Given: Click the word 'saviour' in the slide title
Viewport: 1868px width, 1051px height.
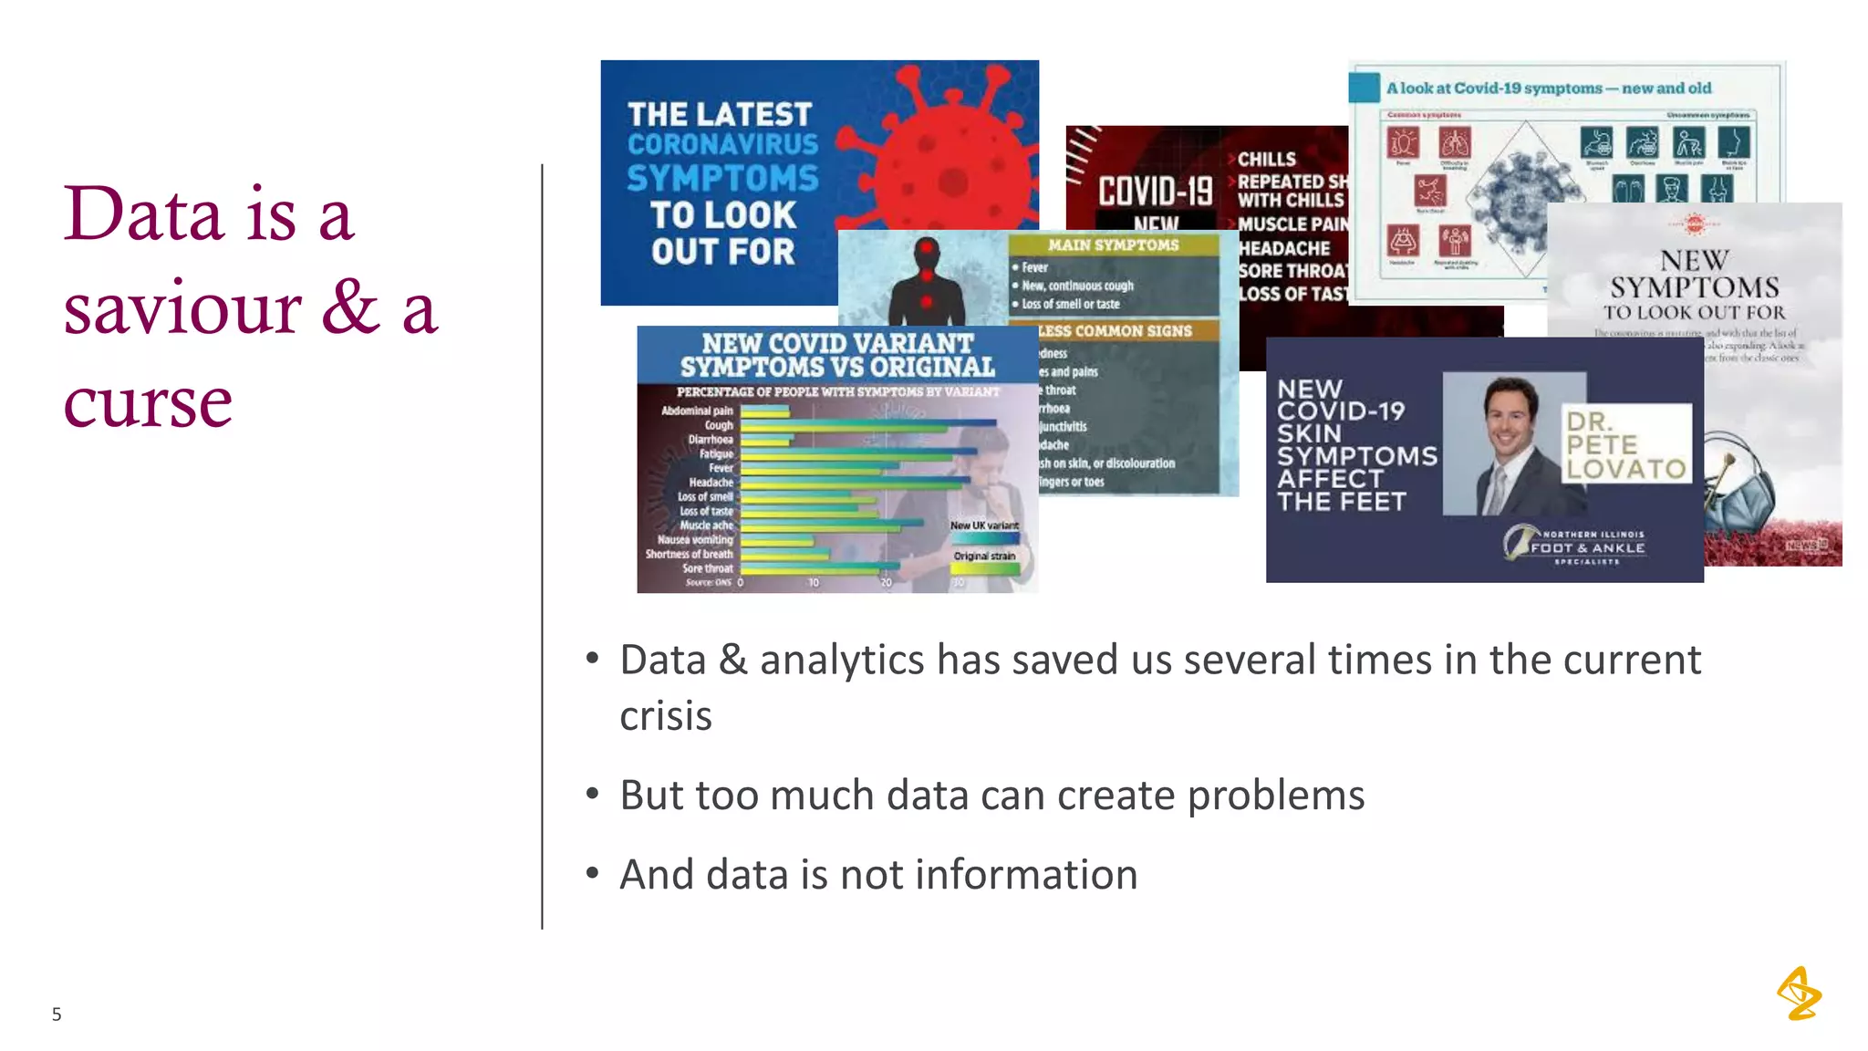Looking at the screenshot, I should (x=182, y=308).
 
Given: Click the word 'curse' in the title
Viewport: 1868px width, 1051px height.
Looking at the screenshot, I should (x=148, y=402).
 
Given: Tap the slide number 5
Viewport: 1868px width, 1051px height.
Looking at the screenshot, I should (x=57, y=1014).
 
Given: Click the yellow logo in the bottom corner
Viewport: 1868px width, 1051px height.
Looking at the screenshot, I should (x=1799, y=994).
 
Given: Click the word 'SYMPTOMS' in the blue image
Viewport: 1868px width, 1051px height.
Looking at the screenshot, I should (x=722, y=178).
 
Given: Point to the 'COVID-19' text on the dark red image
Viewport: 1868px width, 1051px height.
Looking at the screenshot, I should (x=1155, y=192).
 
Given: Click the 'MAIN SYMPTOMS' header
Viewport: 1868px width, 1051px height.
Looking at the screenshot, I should (x=1113, y=245).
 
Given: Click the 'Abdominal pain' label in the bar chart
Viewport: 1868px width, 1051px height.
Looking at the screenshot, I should (x=697, y=411).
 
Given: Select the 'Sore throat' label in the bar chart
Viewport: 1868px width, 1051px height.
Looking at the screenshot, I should (x=707, y=568).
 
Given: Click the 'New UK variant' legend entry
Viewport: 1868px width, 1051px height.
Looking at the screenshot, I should (x=984, y=525).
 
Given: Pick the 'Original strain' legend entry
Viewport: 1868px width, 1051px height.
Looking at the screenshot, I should (x=984, y=556).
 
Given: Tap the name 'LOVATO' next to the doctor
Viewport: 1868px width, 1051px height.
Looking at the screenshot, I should (x=1626, y=469).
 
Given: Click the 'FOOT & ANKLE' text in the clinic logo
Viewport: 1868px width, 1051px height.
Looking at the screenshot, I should (x=1588, y=547).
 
